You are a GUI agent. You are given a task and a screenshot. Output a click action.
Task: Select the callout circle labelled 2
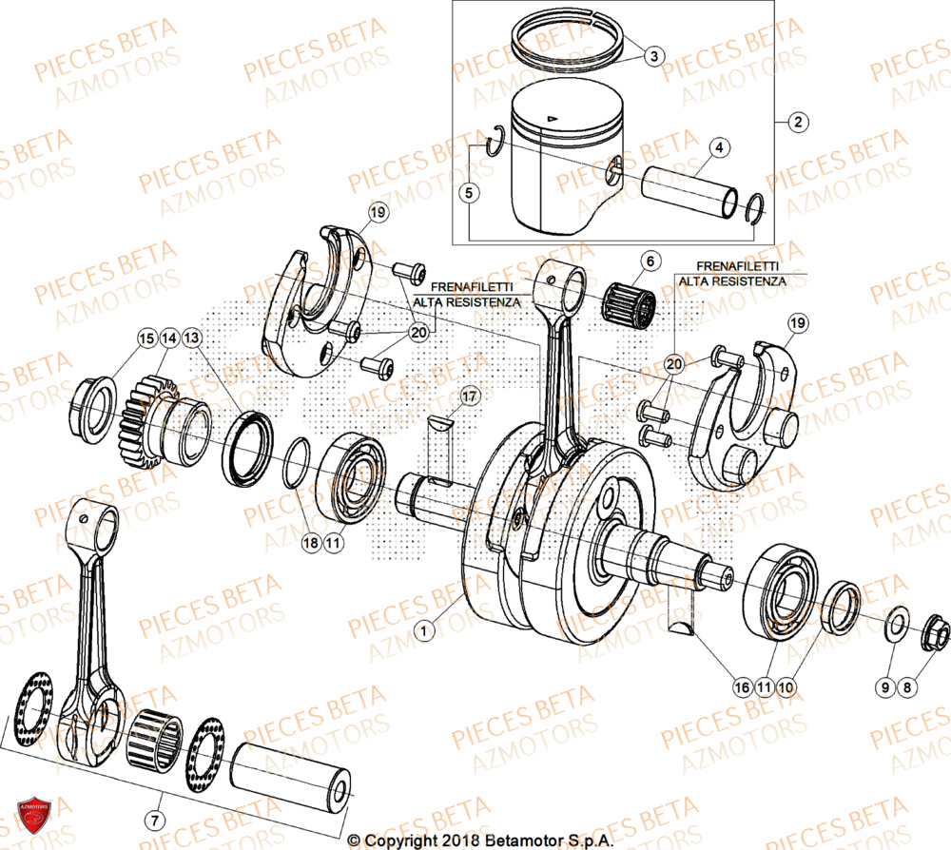pos(797,122)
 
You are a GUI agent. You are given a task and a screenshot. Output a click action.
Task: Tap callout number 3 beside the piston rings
pos(652,56)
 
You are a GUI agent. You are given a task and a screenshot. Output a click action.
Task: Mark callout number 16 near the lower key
pos(741,686)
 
